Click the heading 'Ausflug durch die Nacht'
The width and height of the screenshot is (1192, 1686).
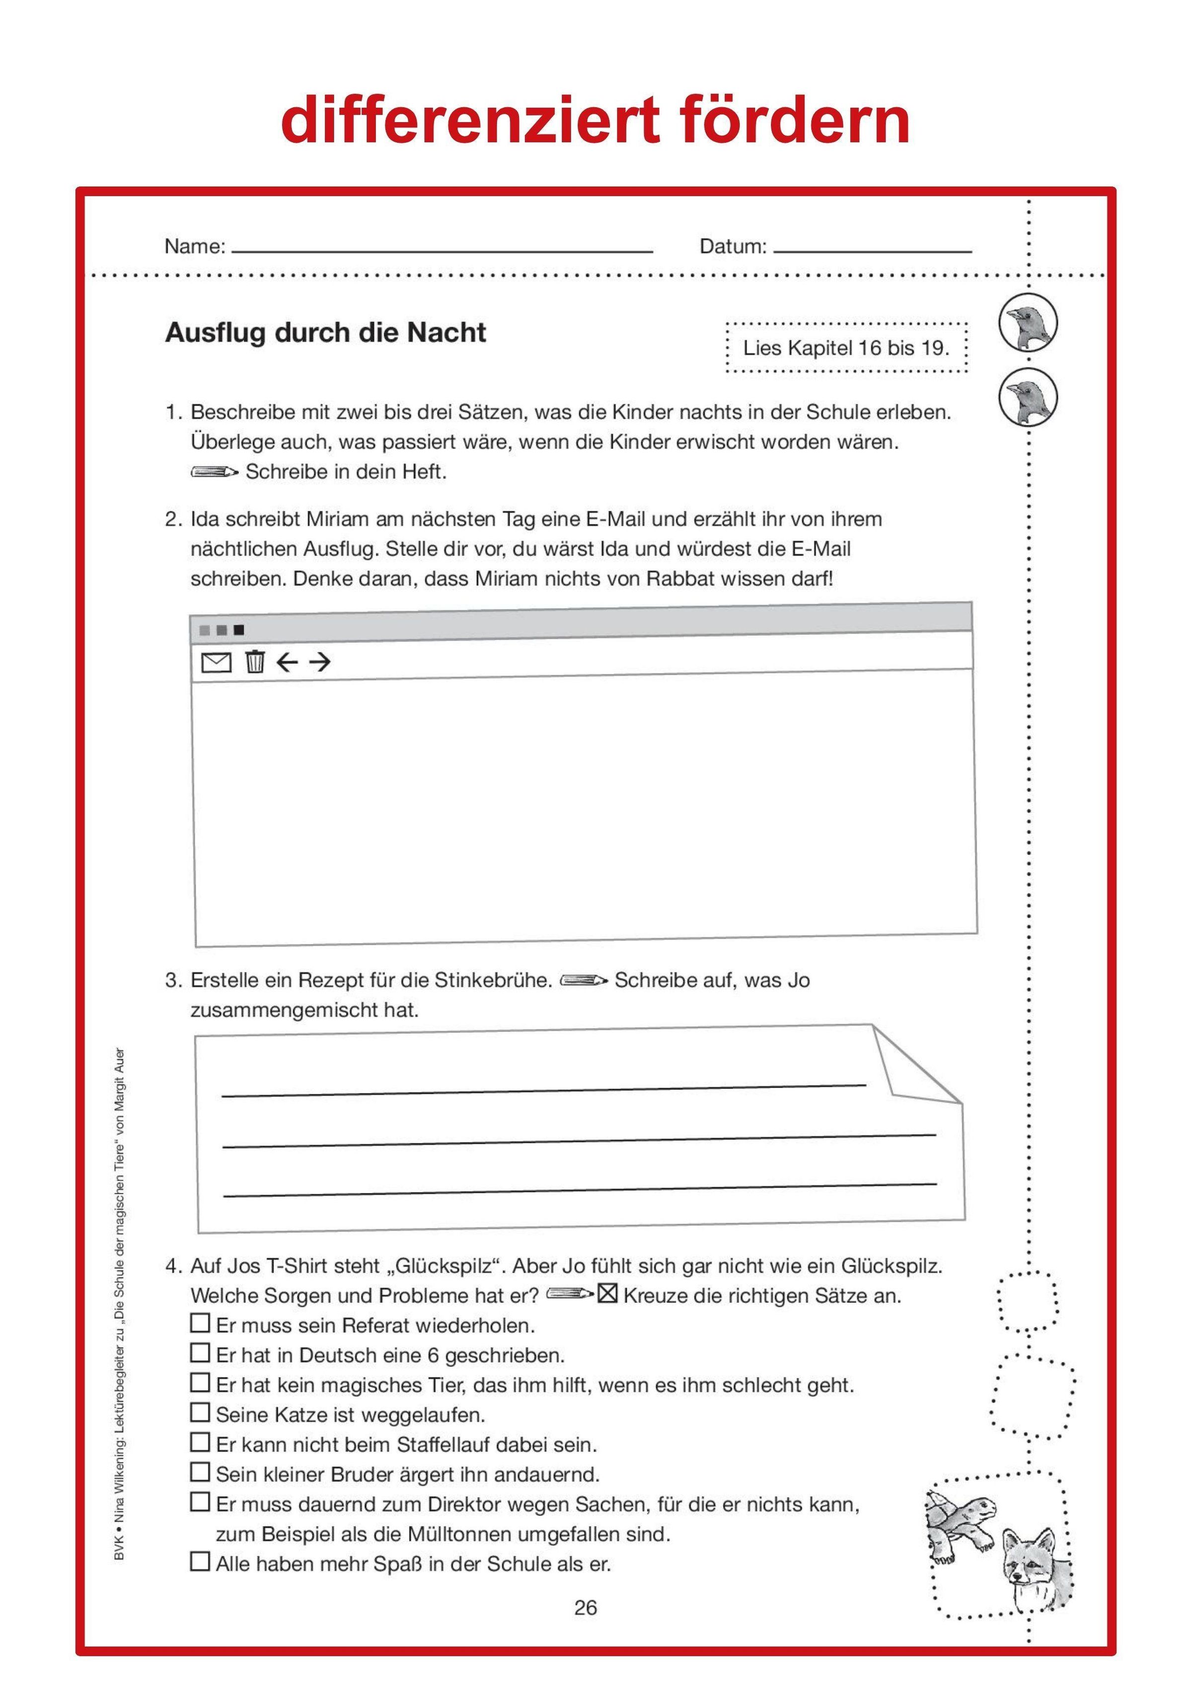325,333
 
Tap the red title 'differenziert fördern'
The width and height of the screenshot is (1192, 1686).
596,120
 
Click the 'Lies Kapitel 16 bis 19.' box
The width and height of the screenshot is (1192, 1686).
846,348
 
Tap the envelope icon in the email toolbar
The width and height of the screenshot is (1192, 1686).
216,662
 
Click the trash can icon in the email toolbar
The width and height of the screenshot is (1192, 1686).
255,661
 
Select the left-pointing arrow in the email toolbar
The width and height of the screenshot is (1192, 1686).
287,662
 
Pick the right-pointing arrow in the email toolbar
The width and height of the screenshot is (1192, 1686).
319,662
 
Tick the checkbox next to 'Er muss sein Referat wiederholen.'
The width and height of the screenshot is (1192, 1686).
200,1322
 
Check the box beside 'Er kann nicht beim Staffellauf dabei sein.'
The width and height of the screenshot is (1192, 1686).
200,1442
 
